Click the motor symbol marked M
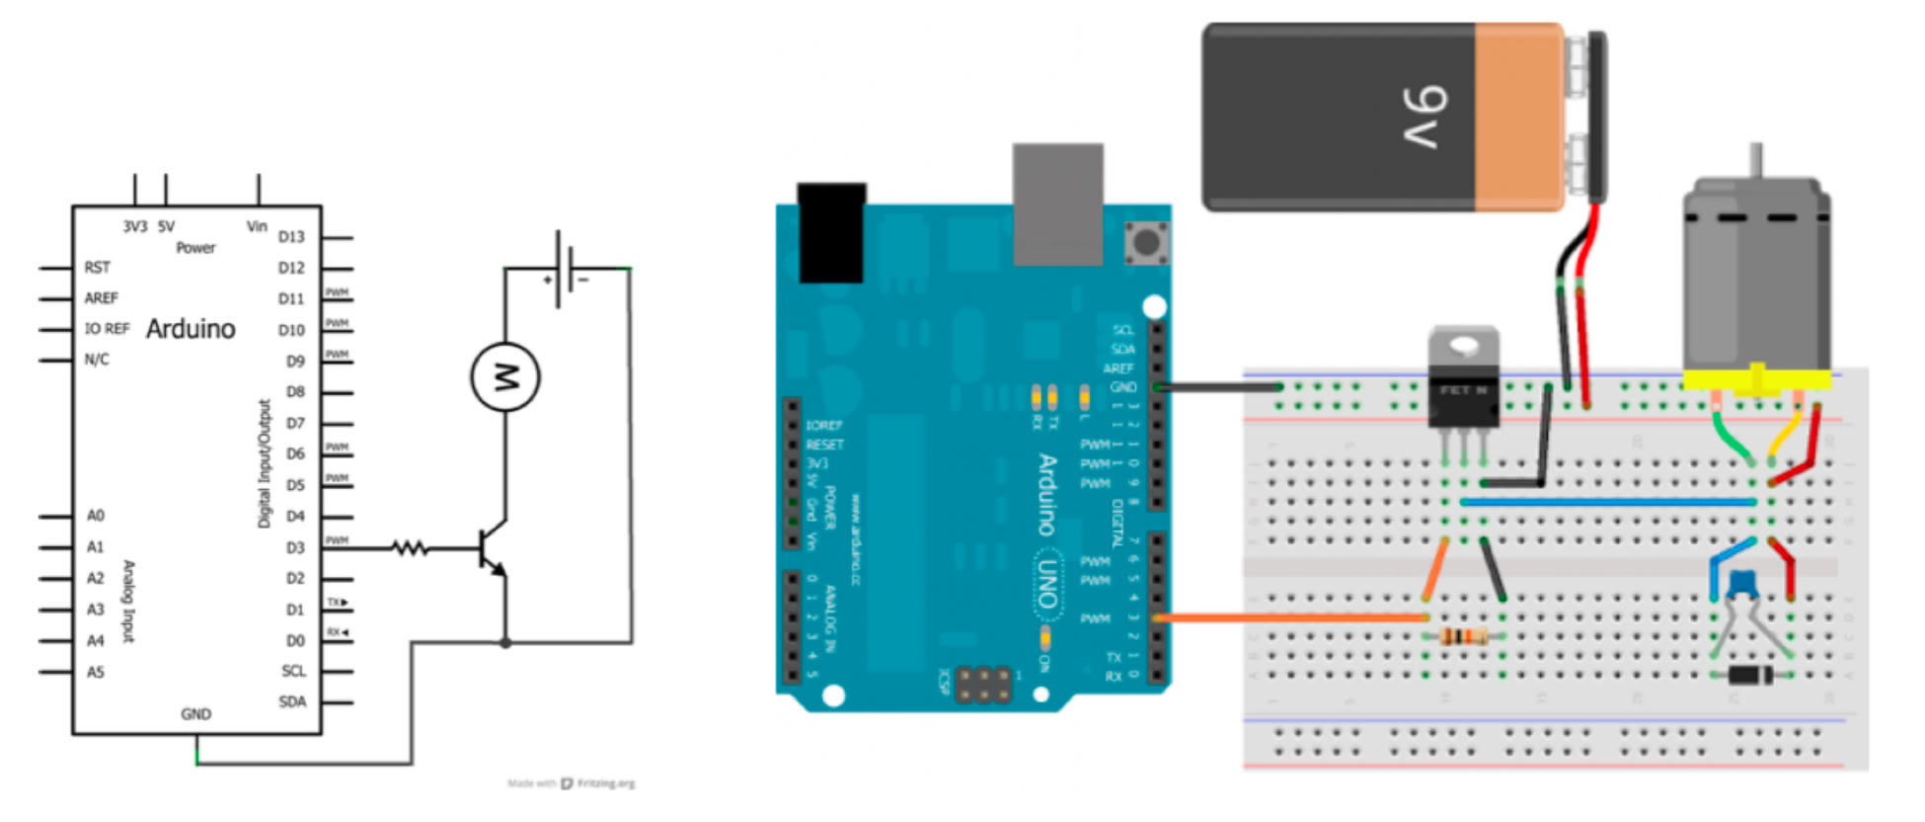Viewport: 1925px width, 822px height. click(x=504, y=376)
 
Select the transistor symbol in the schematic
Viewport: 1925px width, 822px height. click(x=491, y=549)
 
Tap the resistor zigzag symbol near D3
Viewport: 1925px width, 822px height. click(x=410, y=547)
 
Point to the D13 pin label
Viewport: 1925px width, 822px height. click(x=291, y=237)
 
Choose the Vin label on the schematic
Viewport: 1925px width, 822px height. click(x=257, y=226)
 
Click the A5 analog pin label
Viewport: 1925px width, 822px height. click(x=95, y=672)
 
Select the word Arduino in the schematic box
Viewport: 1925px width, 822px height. click(x=191, y=329)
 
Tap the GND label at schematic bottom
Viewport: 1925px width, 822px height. click(x=195, y=713)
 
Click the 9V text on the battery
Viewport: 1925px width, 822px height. click(x=1425, y=118)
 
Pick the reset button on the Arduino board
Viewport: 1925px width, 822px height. click(x=1146, y=241)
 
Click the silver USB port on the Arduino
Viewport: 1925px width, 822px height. click(x=1057, y=204)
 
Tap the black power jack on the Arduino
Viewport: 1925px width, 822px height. click(x=831, y=232)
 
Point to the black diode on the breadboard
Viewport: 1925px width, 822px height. click(x=1750, y=676)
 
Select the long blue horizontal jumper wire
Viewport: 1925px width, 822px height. click(x=1609, y=502)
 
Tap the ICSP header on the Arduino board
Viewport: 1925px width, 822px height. click(x=983, y=685)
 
